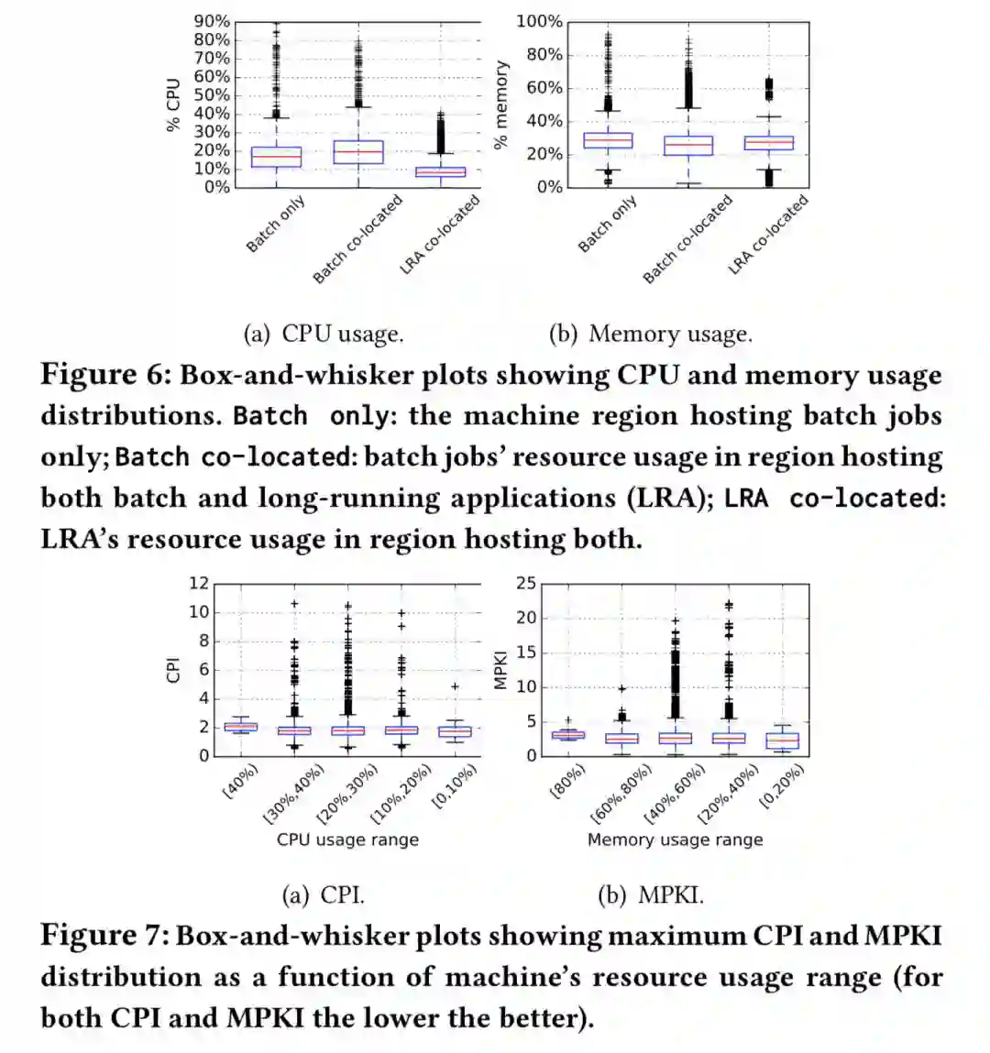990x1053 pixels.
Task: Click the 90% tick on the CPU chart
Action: (x=211, y=21)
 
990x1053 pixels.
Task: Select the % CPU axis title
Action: (x=173, y=105)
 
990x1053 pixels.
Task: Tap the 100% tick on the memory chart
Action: (x=539, y=21)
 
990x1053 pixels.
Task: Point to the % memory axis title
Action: (x=500, y=105)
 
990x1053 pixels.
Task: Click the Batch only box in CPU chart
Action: (x=276, y=157)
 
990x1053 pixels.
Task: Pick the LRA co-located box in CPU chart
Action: (x=440, y=171)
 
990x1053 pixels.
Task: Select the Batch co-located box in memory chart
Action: (x=687, y=145)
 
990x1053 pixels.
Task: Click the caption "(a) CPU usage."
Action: (x=323, y=334)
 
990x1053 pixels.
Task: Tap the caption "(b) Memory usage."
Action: (x=650, y=334)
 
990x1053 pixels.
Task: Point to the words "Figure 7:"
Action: (x=104, y=936)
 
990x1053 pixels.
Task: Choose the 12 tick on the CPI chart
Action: (x=199, y=584)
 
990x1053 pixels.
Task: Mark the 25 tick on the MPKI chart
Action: (x=526, y=584)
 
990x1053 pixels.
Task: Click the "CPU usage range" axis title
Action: (x=347, y=839)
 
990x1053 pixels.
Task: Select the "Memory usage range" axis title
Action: (x=675, y=839)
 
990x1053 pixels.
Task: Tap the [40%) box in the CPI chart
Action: (x=240, y=727)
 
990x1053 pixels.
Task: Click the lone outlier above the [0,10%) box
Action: (x=455, y=686)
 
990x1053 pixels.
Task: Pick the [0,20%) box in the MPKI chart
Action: (x=782, y=740)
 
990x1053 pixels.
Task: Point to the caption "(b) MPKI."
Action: (x=650, y=895)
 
